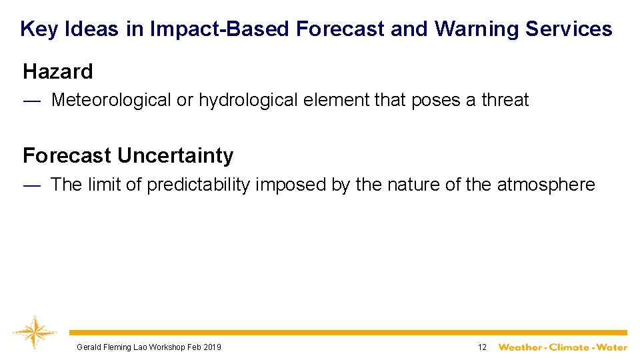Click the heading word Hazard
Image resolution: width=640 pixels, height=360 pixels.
coord(58,71)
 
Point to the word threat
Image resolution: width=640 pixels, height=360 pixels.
coord(505,100)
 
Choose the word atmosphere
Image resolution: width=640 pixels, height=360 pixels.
coord(546,185)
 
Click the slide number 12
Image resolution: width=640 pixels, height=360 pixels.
coord(482,347)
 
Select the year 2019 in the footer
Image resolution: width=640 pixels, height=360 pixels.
coord(212,347)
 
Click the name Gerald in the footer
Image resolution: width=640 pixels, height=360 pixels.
coord(88,347)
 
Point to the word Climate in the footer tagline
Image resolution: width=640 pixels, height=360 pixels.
coord(569,347)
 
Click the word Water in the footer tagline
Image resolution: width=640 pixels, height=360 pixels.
coord(611,347)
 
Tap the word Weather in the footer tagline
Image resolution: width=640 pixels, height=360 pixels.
coord(521,347)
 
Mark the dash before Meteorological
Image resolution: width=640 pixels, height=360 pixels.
coord(32,100)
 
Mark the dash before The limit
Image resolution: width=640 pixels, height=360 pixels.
coord(32,185)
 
